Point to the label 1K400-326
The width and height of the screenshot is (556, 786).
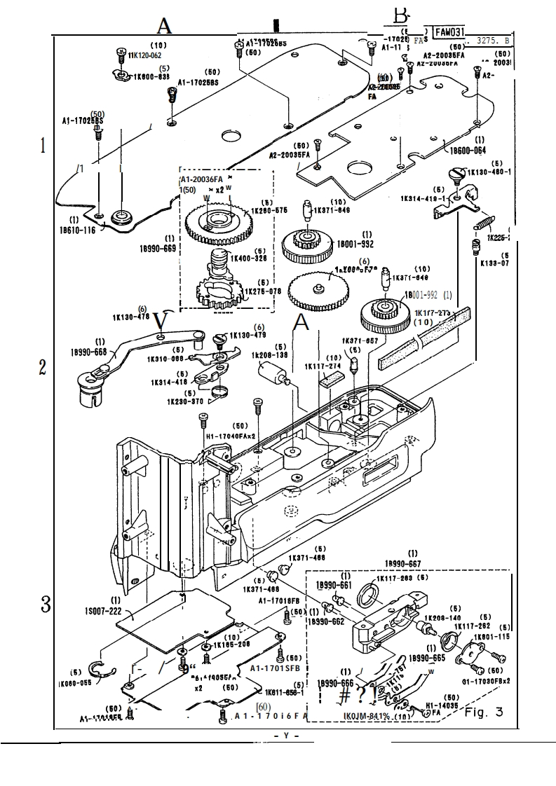(249, 258)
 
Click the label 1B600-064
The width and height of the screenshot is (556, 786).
(468, 150)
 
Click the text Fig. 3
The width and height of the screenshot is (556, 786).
(483, 712)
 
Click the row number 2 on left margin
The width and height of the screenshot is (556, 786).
(43, 367)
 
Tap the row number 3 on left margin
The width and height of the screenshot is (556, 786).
(46, 603)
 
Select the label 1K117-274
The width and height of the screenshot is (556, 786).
(323, 366)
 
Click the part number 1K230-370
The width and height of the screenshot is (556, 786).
(184, 401)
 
